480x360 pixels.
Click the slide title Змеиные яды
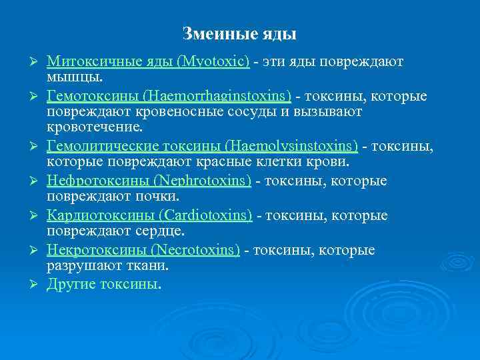click(x=239, y=33)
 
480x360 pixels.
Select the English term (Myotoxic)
click(x=213, y=61)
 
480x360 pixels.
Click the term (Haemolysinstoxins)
click(x=291, y=145)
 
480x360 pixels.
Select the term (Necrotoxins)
click(x=195, y=250)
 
